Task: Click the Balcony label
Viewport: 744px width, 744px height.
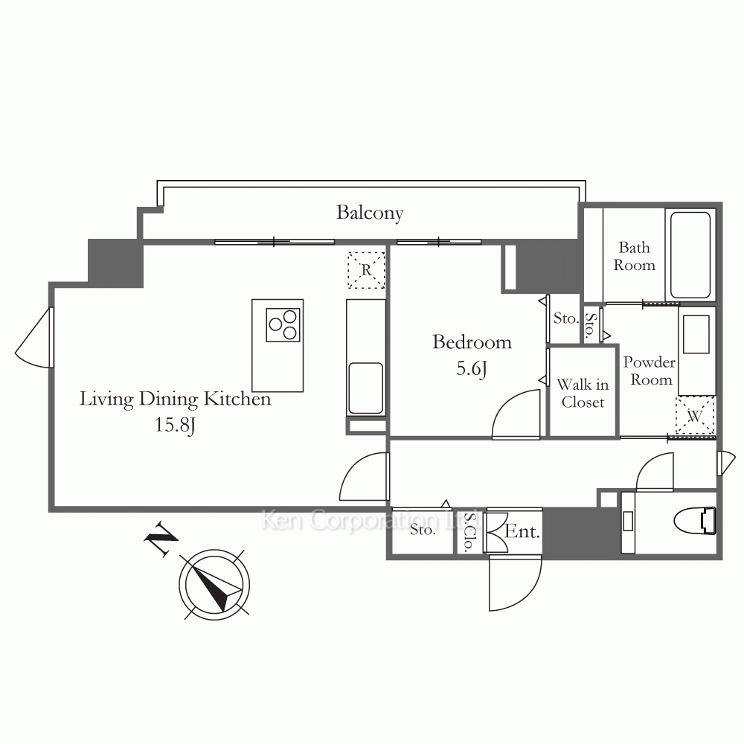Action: pos(370,213)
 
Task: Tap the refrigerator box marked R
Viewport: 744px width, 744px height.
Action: pos(366,270)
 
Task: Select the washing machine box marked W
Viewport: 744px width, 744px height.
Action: pos(695,416)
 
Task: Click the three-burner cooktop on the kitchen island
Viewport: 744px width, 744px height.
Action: pos(283,325)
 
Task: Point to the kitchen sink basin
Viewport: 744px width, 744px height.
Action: pos(366,388)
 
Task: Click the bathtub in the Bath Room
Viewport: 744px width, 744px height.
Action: pos(690,254)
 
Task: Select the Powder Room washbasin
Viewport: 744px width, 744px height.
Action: pos(696,335)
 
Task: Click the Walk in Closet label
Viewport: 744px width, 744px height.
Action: pos(583,393)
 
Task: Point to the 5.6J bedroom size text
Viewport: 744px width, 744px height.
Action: pos(472,369)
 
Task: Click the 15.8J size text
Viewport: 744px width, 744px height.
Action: pos(175,425)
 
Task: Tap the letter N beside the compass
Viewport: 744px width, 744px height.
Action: pos(161,539)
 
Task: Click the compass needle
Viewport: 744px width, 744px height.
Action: pos(216,586)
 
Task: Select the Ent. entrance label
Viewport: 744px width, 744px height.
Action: pos(522,531)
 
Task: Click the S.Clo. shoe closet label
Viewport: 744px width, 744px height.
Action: pos(469,531)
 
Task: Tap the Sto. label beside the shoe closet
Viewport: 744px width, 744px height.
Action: pos(423,530)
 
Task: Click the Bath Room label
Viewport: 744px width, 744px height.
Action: pos(635,256)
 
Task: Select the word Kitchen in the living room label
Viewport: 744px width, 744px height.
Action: pos(237,399)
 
